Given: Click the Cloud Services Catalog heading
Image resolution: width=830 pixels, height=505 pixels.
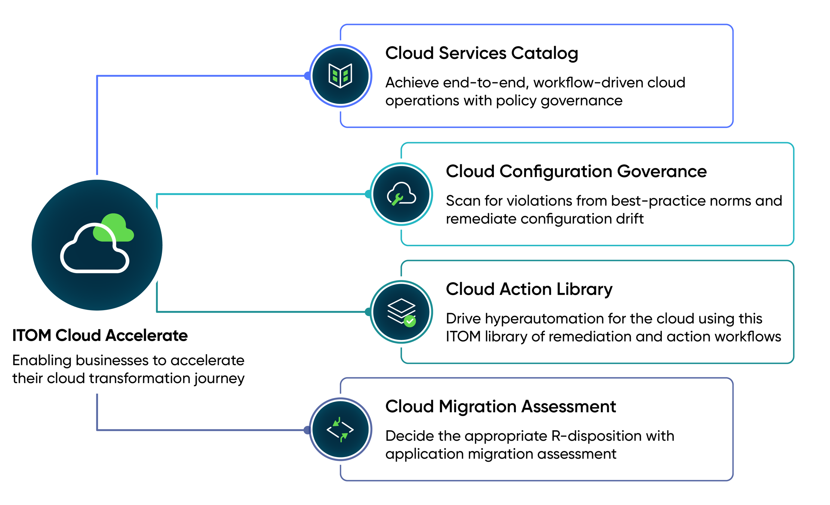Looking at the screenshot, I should click(x=482, y=53).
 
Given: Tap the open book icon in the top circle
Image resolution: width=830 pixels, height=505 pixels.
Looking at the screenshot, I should click(x=340, y=76).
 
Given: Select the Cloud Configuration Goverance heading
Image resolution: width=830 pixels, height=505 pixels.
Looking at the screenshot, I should click(x=576, y=171).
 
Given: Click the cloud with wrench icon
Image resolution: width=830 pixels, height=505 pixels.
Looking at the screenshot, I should click(x=401, y=194).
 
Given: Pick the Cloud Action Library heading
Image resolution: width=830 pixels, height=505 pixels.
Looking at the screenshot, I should click(x=529, y=289).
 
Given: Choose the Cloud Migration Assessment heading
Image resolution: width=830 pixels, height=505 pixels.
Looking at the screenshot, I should click(x=500, y=406).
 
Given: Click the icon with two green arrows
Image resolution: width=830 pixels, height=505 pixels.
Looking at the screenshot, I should click(x=340, y=429).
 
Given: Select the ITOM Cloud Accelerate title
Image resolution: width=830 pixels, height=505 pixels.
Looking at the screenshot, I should click(x=100, y=335).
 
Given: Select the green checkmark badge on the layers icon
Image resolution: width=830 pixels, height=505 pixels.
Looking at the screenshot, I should click(x=410, y=321).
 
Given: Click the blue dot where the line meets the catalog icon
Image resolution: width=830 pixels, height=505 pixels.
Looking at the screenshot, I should click(x=307, y=76).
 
